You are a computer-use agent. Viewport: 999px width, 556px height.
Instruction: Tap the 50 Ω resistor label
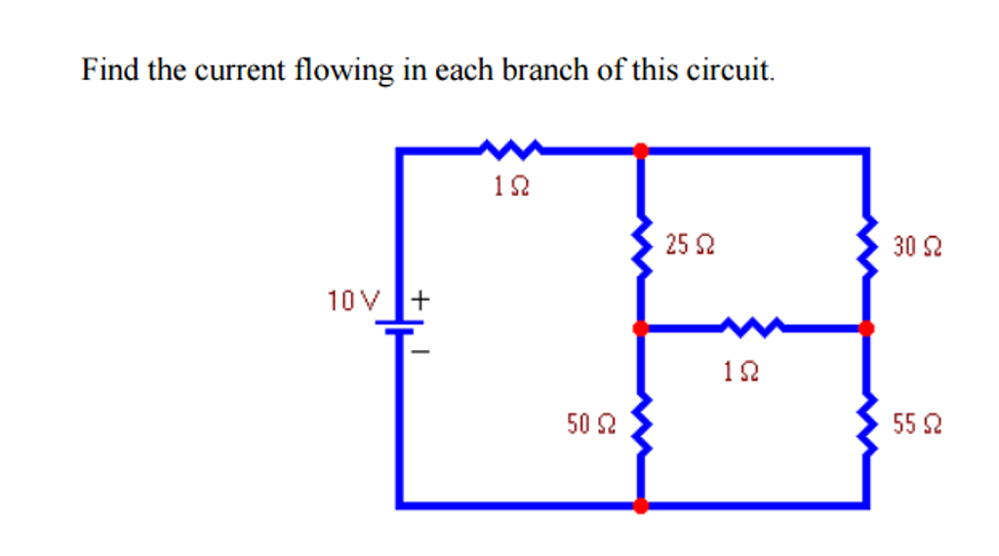coord(591,423)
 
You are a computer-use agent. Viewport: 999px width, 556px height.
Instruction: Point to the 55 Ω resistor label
coord(917,425)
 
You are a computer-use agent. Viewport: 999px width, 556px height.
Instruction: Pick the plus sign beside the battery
coord(420,299)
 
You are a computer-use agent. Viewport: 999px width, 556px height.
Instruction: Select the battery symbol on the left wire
coord(399,328)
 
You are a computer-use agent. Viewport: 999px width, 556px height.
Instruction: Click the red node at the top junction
coord(641,150)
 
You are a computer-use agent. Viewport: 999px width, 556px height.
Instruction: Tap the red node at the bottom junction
coord(641,505)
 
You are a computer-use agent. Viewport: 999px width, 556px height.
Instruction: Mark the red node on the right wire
coord(866,329)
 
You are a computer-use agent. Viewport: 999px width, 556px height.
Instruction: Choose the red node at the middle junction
coord(641,329)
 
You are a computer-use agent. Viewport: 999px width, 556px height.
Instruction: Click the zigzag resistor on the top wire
coord(510,149)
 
